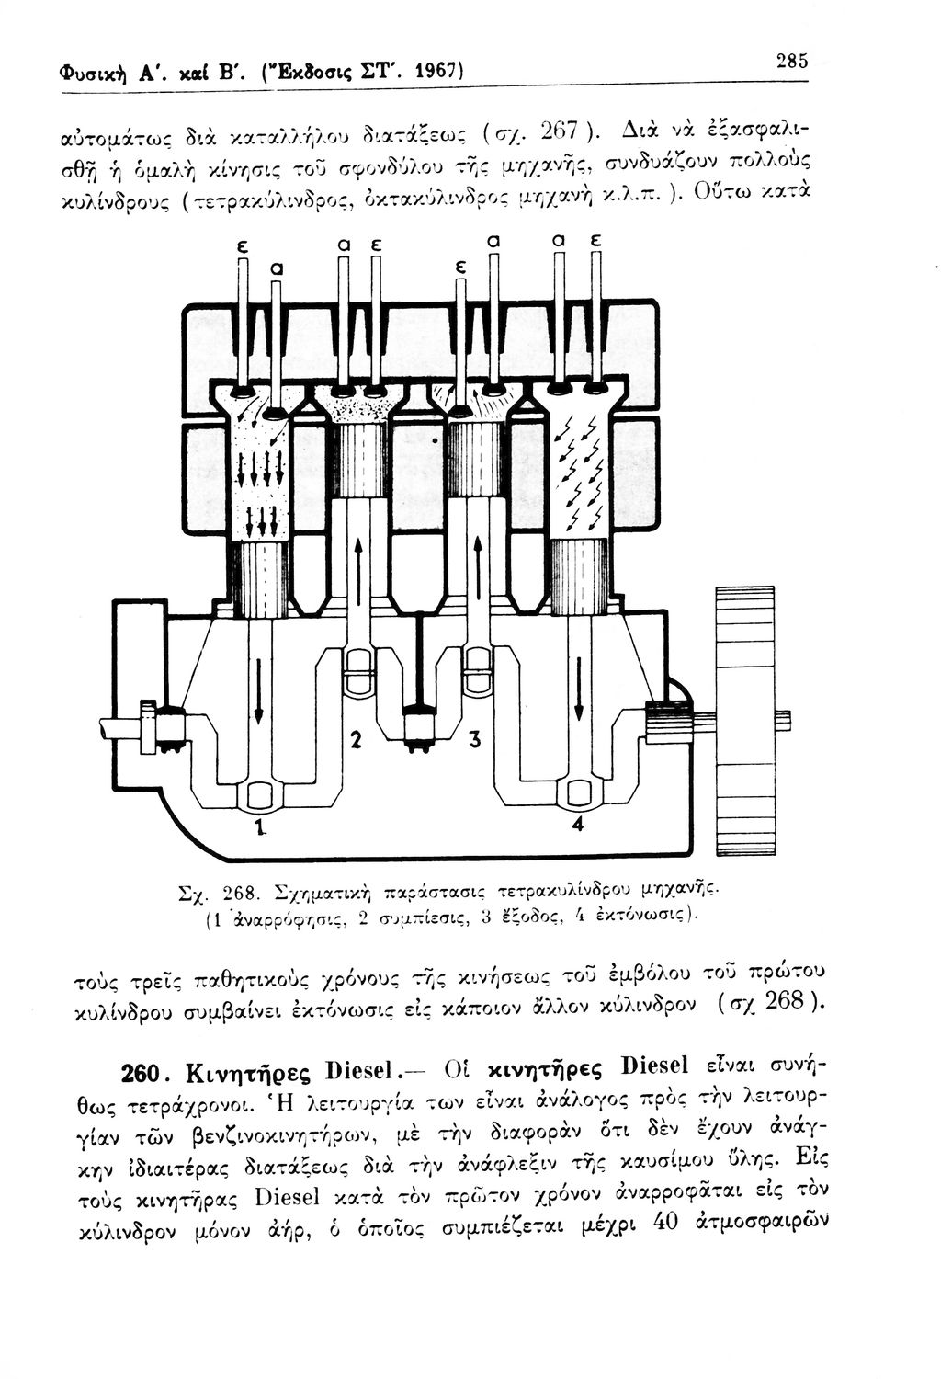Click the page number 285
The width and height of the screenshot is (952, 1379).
(791, 61)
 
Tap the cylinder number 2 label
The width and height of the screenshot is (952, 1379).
(359, 739)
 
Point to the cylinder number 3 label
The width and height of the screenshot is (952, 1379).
(477, 741)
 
